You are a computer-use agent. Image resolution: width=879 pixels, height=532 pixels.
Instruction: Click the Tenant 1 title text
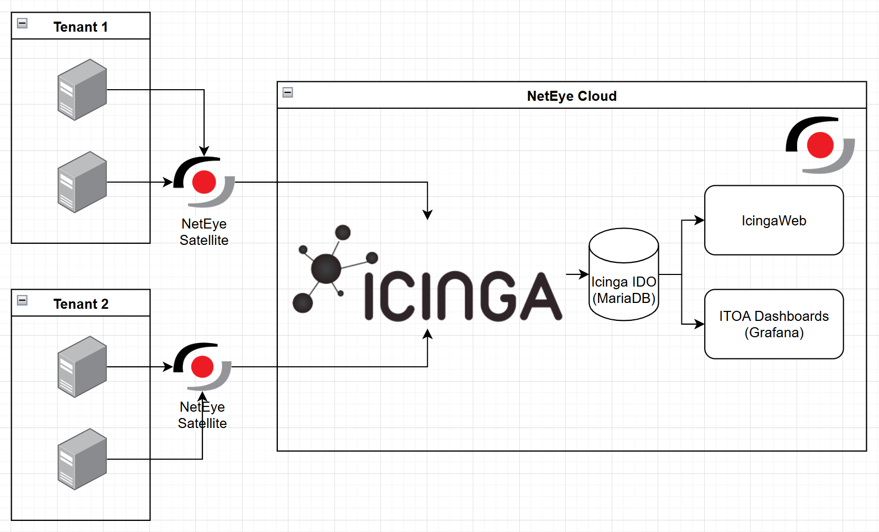click(80, 27)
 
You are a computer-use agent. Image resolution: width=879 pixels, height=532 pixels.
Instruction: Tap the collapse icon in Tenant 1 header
click(22, 23)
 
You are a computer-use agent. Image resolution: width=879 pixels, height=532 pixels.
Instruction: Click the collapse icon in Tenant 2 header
click(22, 300)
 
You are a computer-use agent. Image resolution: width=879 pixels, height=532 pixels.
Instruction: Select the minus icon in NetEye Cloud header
click(288, 92)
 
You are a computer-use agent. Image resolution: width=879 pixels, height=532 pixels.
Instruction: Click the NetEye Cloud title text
click(572, 96)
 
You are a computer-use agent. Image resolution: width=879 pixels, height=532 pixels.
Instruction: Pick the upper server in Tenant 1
click(82, 90)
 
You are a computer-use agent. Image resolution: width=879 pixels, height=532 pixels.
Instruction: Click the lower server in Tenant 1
click(82, 182)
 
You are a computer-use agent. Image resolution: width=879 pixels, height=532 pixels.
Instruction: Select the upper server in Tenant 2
click(82, 367)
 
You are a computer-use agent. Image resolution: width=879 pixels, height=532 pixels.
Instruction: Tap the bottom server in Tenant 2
click(82, 459)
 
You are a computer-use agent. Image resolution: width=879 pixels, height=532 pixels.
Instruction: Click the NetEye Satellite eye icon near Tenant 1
click(204, 182)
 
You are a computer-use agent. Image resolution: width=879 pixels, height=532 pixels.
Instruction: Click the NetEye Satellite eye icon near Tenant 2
click(202, 366)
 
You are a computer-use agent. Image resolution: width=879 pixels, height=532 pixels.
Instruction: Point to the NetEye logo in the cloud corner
click(820, 145)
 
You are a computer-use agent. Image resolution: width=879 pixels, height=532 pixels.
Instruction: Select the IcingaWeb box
click(774, 220)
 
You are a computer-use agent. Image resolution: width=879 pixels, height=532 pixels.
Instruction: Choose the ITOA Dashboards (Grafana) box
click(774, 324)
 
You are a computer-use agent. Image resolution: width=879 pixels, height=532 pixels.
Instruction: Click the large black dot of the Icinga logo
click(326, 268)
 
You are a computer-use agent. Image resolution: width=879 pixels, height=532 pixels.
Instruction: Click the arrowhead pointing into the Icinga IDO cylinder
click(584, 274)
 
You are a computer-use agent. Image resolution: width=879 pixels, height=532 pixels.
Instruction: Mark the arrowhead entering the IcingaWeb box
click(700, 220)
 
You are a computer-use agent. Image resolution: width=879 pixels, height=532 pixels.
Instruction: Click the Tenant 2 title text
click(81, 304)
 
